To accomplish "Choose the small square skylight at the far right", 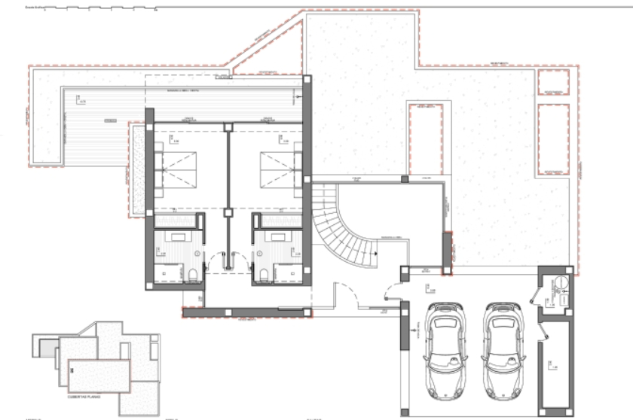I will pos(554,83).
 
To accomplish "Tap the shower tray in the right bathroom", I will pos(286,272).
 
